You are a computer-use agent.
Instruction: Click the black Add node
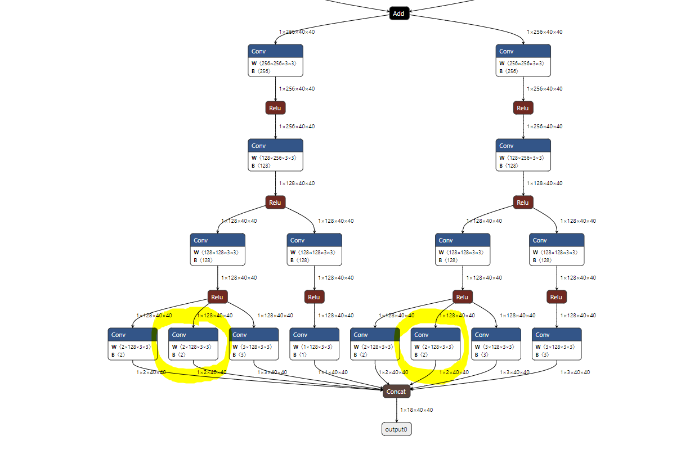(x=398, y=14)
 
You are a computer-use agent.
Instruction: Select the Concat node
(x=396, y=392)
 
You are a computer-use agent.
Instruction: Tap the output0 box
(x=396, y=429)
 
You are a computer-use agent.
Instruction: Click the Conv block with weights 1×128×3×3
(x=314, y=344)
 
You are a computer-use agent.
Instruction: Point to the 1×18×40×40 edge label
(x=416, y=410)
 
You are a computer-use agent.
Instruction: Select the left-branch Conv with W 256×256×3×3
(x=275, y=60)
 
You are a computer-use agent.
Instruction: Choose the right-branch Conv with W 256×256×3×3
(x=523, y=60)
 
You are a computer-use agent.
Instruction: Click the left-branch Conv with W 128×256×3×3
(x=275, y=155)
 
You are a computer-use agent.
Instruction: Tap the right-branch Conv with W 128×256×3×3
(x=523, y=155)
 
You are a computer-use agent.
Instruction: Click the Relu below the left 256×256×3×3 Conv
(x=275, y=108)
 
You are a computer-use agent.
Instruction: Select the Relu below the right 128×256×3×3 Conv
(x=523, y=203)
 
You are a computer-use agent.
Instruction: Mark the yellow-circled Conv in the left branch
(x=193, y=344)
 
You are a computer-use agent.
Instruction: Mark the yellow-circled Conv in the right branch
(x=436, y=344)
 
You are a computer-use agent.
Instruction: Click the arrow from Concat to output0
(x=396, y=410)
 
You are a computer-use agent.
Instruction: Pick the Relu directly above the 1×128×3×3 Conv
(x=314, y=297)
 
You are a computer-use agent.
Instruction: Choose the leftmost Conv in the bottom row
(x=132, y=344)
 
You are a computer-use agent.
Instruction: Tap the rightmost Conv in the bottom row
(x=557, y=344)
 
